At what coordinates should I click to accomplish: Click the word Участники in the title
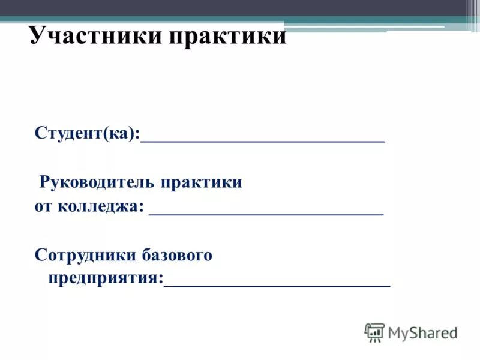pos(95,37)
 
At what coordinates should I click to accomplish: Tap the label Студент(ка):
pos(87,133)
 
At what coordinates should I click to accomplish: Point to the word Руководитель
pos(97,182)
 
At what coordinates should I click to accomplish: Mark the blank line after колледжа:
pos(266,214)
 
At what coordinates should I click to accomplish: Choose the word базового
pos(177,256)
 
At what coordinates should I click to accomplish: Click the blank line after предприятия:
pos(277,286)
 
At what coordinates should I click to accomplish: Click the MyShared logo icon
pos(374,332)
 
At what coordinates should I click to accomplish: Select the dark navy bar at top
pos(240,7)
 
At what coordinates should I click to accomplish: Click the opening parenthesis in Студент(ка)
pos(104,134)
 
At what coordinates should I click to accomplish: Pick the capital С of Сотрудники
pos(40,255)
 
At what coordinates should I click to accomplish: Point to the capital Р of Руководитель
pos(44,182)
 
